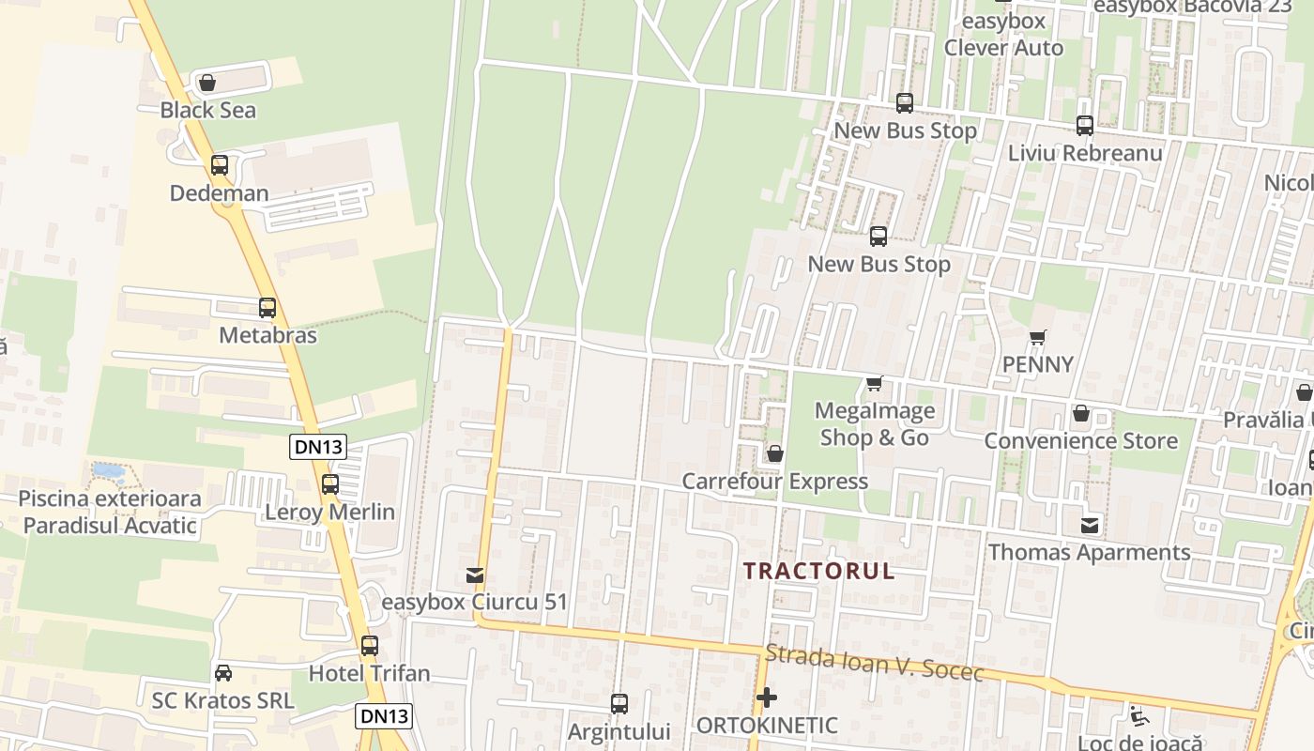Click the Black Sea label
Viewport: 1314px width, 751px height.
click(207, 110)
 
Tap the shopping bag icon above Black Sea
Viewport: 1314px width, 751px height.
click(207, 84)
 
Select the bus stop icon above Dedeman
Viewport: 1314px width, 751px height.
click(220, 165)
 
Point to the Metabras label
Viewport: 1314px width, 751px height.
click(267, 335)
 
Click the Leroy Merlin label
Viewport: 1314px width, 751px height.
click(329, 513)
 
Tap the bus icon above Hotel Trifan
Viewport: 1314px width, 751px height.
click(370, 646)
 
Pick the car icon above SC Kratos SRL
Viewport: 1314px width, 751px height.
click(223, 673)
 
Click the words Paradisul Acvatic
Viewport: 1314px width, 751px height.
click(110, 525)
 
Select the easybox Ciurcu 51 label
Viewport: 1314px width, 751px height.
click(475, 602)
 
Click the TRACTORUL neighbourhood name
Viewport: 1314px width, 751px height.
click(819, 571)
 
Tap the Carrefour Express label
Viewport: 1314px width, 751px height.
click(774, 482)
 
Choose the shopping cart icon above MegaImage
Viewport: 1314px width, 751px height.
click(875, 383)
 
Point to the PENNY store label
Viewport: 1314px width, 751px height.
click(1037, 364)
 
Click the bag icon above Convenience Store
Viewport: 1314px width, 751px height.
click(1081, 413)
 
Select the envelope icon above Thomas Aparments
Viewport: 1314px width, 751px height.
click(1090, 526)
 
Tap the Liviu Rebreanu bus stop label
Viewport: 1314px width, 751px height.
click(1085, 153)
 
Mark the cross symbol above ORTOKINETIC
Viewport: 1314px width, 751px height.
click(767, 697)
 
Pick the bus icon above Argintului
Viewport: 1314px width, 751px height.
click(619, 704)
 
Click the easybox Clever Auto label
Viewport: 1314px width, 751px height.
click(1003, 47)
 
